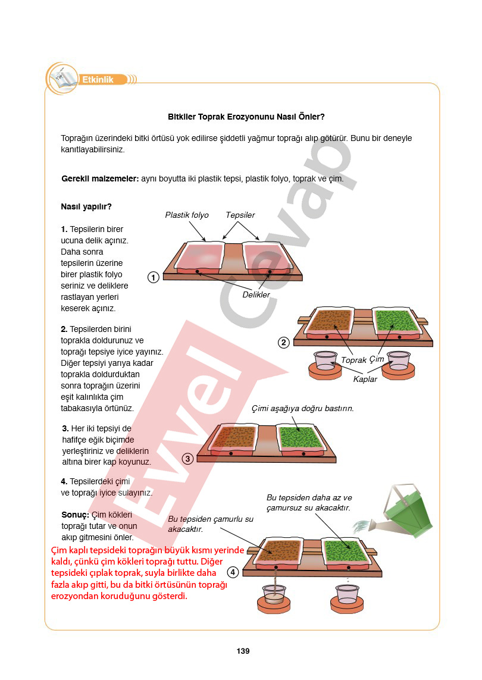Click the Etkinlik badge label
point(98,80)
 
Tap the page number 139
point(243,651)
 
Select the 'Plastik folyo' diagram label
point(187,215)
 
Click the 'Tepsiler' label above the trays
point(240,215)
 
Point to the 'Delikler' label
point(256,295)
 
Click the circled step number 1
point(153,277)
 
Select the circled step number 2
point(283,343)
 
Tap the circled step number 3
point(187,459)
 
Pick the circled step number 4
point(233,572)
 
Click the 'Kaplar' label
point(365,379)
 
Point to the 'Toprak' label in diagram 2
point(353,360)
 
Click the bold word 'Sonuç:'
point(75,515)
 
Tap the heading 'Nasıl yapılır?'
point(86,207)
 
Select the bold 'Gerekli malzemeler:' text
point(100,178)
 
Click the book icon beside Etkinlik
point(62,79)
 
